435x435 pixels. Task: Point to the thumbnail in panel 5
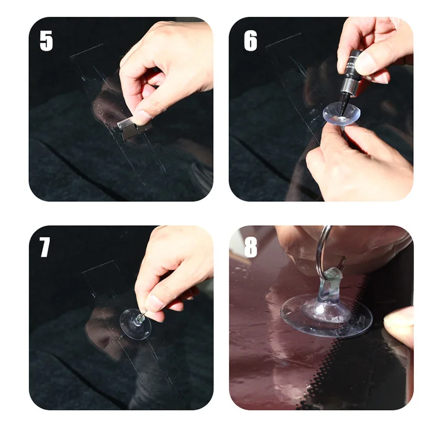142,117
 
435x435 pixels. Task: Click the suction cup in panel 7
135,324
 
